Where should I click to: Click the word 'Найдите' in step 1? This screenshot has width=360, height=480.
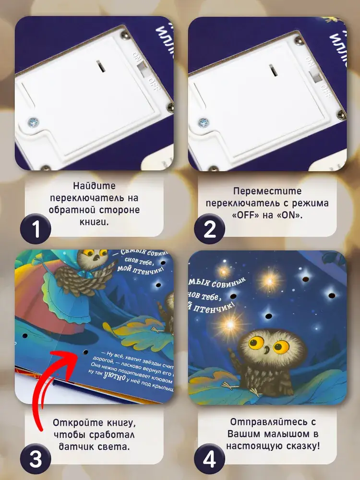[x=95, y=186]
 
